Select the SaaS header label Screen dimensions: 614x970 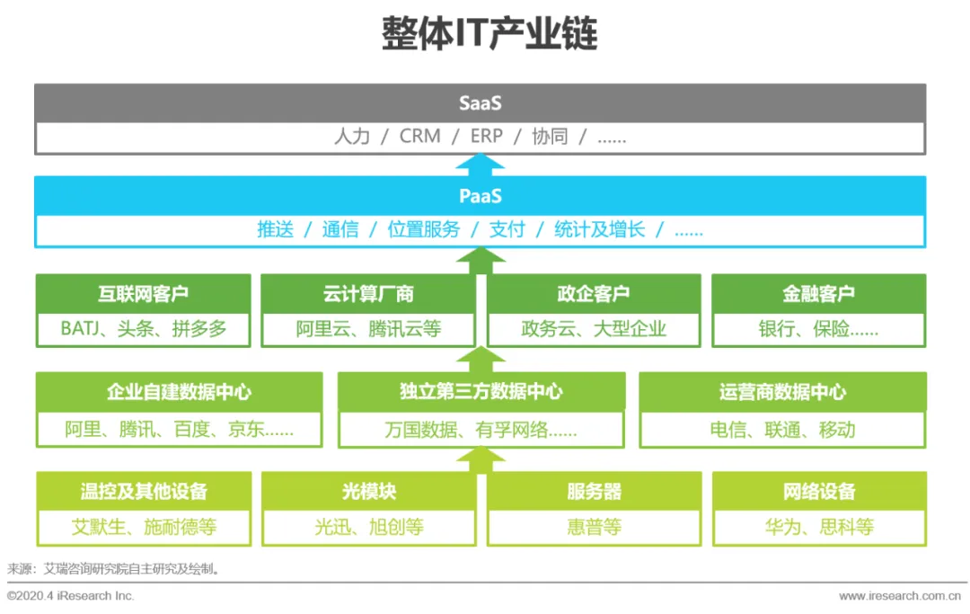click(480, 102)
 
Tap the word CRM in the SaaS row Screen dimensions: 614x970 click(420, 137)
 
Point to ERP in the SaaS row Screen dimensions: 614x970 click(487, 137)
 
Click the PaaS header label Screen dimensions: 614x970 click(480, 195)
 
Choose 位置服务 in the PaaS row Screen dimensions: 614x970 click(423, 229)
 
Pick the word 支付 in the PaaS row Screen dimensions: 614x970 click(507, 229)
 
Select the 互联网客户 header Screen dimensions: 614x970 click(144, 293)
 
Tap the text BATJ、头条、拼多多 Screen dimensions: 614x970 click(144, 328)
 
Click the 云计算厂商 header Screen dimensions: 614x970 click(368, 293)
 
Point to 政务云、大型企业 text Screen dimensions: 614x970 click(594, 328)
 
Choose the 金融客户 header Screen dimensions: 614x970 click(818, 293)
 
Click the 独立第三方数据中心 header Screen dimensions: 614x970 click(481, 392)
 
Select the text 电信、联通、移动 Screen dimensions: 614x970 click(782, 429)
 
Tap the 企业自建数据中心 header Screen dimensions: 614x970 click(180, 392)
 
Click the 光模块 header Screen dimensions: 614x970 click(368, 492)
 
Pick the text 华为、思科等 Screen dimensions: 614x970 click(819, 527)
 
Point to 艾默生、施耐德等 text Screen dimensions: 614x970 click(144, 527)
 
